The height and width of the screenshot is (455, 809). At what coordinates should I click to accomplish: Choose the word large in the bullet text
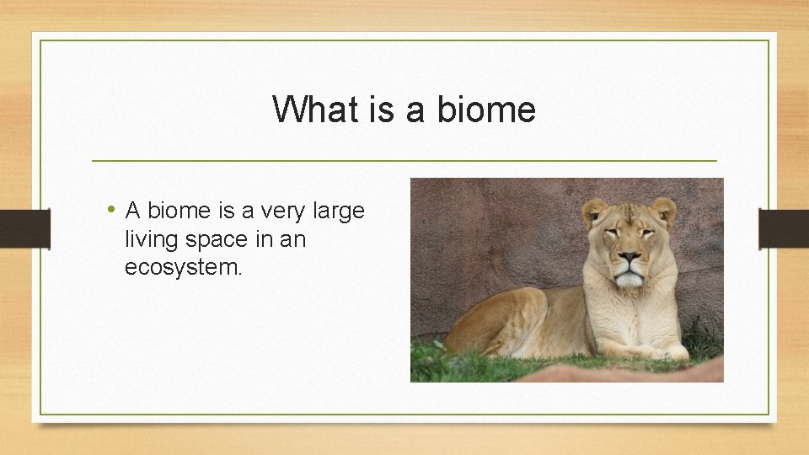341,211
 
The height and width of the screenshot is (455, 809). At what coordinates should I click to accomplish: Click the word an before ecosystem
292,239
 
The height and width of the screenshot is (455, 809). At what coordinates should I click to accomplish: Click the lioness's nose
629,259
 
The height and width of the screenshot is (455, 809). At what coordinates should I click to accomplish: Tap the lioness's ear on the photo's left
594,212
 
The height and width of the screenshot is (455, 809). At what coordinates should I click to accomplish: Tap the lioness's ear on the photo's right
664,210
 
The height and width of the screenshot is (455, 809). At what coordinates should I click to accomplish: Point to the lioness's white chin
629,281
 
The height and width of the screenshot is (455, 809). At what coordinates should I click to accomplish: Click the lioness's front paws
649,352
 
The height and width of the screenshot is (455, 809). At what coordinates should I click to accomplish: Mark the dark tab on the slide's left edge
24,228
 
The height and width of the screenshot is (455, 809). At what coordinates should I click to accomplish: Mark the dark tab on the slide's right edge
783,228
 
